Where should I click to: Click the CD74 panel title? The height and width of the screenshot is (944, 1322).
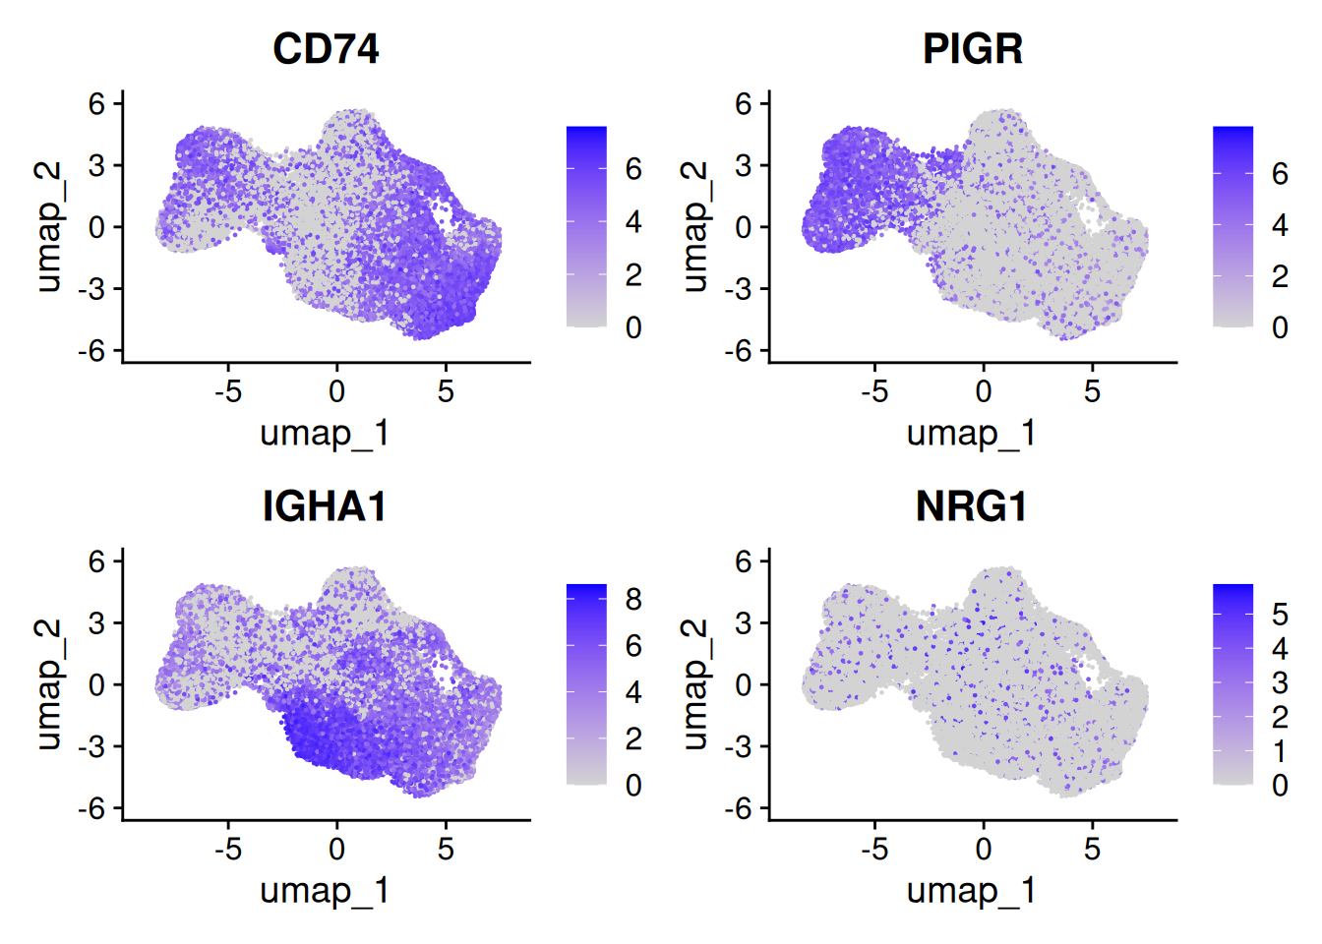click(x=326, y=49)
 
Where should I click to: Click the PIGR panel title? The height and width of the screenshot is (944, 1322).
click(x=972, y=49)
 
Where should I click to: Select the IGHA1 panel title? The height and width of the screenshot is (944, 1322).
click(x=325, y=506)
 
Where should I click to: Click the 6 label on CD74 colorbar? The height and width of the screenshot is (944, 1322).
click(x=633, y=169)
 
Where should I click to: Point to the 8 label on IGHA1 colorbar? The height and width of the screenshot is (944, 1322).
click(x=633, y=599)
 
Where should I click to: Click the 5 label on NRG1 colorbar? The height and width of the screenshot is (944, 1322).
click(x=1280, y=615)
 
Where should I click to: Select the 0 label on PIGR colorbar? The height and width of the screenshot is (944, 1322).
click(x=1280, y=327)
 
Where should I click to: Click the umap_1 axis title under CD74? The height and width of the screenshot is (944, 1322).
click(x=325, y=433)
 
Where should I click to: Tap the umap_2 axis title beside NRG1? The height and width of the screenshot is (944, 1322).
click(x=694, y=684)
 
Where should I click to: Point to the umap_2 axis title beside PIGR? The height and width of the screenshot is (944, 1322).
click(x=694, y=227)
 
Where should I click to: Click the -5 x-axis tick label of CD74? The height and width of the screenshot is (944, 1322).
click(x=228, y=391)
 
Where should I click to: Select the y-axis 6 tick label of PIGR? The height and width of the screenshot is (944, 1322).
click(x=744, y=103)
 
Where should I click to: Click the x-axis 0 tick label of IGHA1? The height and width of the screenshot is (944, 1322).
click(x=336, y=849)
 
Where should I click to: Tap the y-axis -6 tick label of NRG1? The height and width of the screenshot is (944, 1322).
click(x=739, y=808)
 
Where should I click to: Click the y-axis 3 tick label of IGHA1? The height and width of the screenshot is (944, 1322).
click(x=97, y=622)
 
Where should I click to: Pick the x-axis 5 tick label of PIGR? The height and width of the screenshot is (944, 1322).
click(x=1092, y=391)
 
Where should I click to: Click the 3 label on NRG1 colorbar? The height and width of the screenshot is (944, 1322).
click(x=1280, y=682)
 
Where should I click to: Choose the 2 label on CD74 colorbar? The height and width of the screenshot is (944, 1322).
click(x=633, y=274)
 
